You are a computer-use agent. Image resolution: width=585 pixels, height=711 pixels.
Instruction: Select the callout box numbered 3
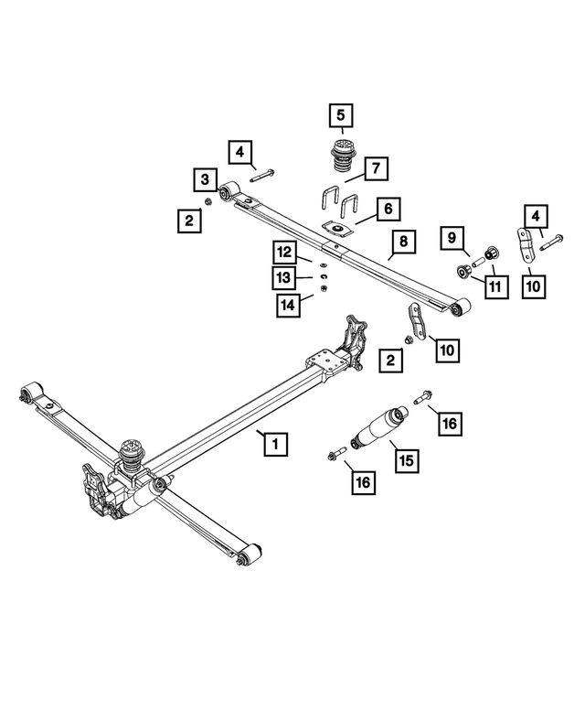pos(205,178)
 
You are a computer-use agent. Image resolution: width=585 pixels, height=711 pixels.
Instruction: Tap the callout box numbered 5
pos(340,116)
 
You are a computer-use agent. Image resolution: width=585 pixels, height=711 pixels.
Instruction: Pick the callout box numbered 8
pos(400,242)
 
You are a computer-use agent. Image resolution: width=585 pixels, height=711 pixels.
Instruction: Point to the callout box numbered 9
pos(452,238)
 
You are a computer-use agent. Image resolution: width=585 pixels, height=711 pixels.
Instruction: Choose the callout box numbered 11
pos(495,286)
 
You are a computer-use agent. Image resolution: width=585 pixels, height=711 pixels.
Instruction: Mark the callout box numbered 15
pos(405,458)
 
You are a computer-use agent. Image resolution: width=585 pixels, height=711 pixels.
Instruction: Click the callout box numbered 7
pos(378,168)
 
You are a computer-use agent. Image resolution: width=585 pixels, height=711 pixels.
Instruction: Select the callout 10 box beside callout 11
pos(534,285)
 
